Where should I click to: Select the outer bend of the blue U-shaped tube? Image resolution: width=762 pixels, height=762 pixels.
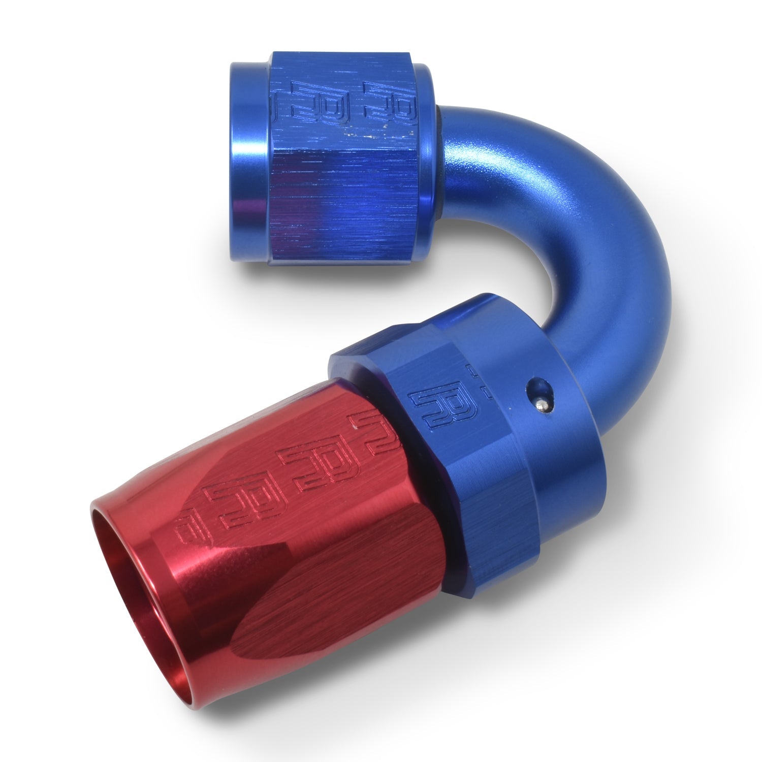coord(625,244)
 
